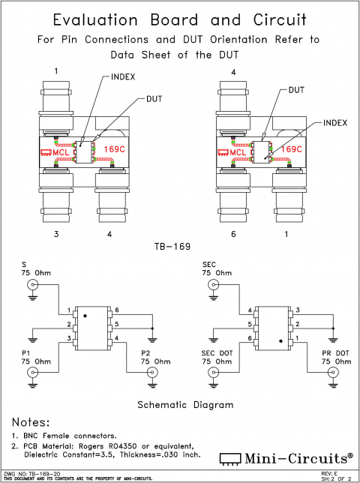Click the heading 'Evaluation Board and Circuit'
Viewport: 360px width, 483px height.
tap(180, 19)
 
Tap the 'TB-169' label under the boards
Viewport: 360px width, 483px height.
tap(179, 246)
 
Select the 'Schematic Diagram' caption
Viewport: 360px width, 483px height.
tap(181, 404)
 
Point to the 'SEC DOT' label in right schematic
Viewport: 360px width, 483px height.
tap(217, 351)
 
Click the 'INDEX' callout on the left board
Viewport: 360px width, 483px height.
tap(123, 77)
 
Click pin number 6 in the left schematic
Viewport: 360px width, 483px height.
tap(117, 310)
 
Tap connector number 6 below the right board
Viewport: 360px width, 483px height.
tap(233, 235)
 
